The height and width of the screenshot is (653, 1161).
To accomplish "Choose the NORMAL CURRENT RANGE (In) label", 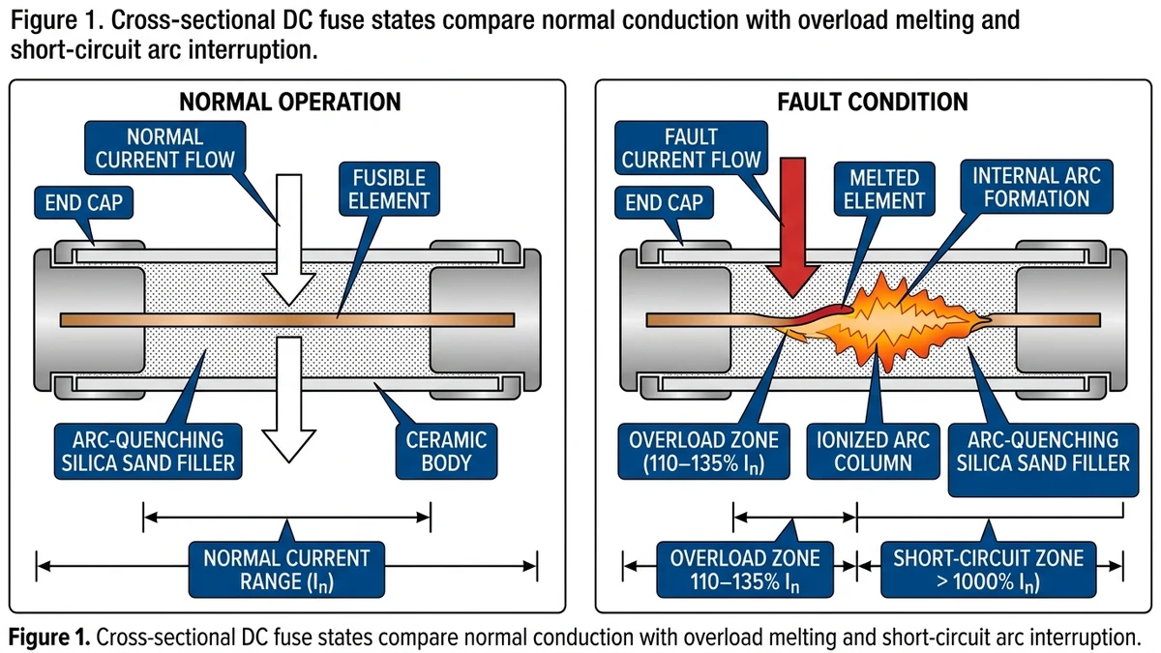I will (x=286, y=571).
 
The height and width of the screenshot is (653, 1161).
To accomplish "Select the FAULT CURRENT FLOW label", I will (x=692, y=148).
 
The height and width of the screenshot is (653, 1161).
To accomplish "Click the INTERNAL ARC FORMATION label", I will (x=1029, y=187).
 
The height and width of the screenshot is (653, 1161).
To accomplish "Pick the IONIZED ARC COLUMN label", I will (x=874, y=451).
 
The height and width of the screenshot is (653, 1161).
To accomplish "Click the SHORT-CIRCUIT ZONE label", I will (x=988, y=571).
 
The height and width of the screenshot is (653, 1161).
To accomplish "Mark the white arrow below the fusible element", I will (x=289, y=397).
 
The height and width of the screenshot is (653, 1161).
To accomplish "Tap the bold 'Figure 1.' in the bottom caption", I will (x=48, y=637).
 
